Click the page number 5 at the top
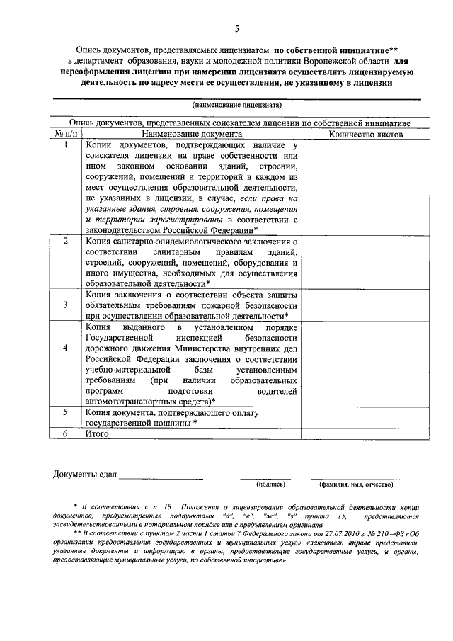[237, 28]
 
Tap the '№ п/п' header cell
[65, 133]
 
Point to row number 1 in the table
[65, 144]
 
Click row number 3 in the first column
[65, 305]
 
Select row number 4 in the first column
[65, 348]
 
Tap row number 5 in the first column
[65, 412]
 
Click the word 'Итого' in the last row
[97, 433]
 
